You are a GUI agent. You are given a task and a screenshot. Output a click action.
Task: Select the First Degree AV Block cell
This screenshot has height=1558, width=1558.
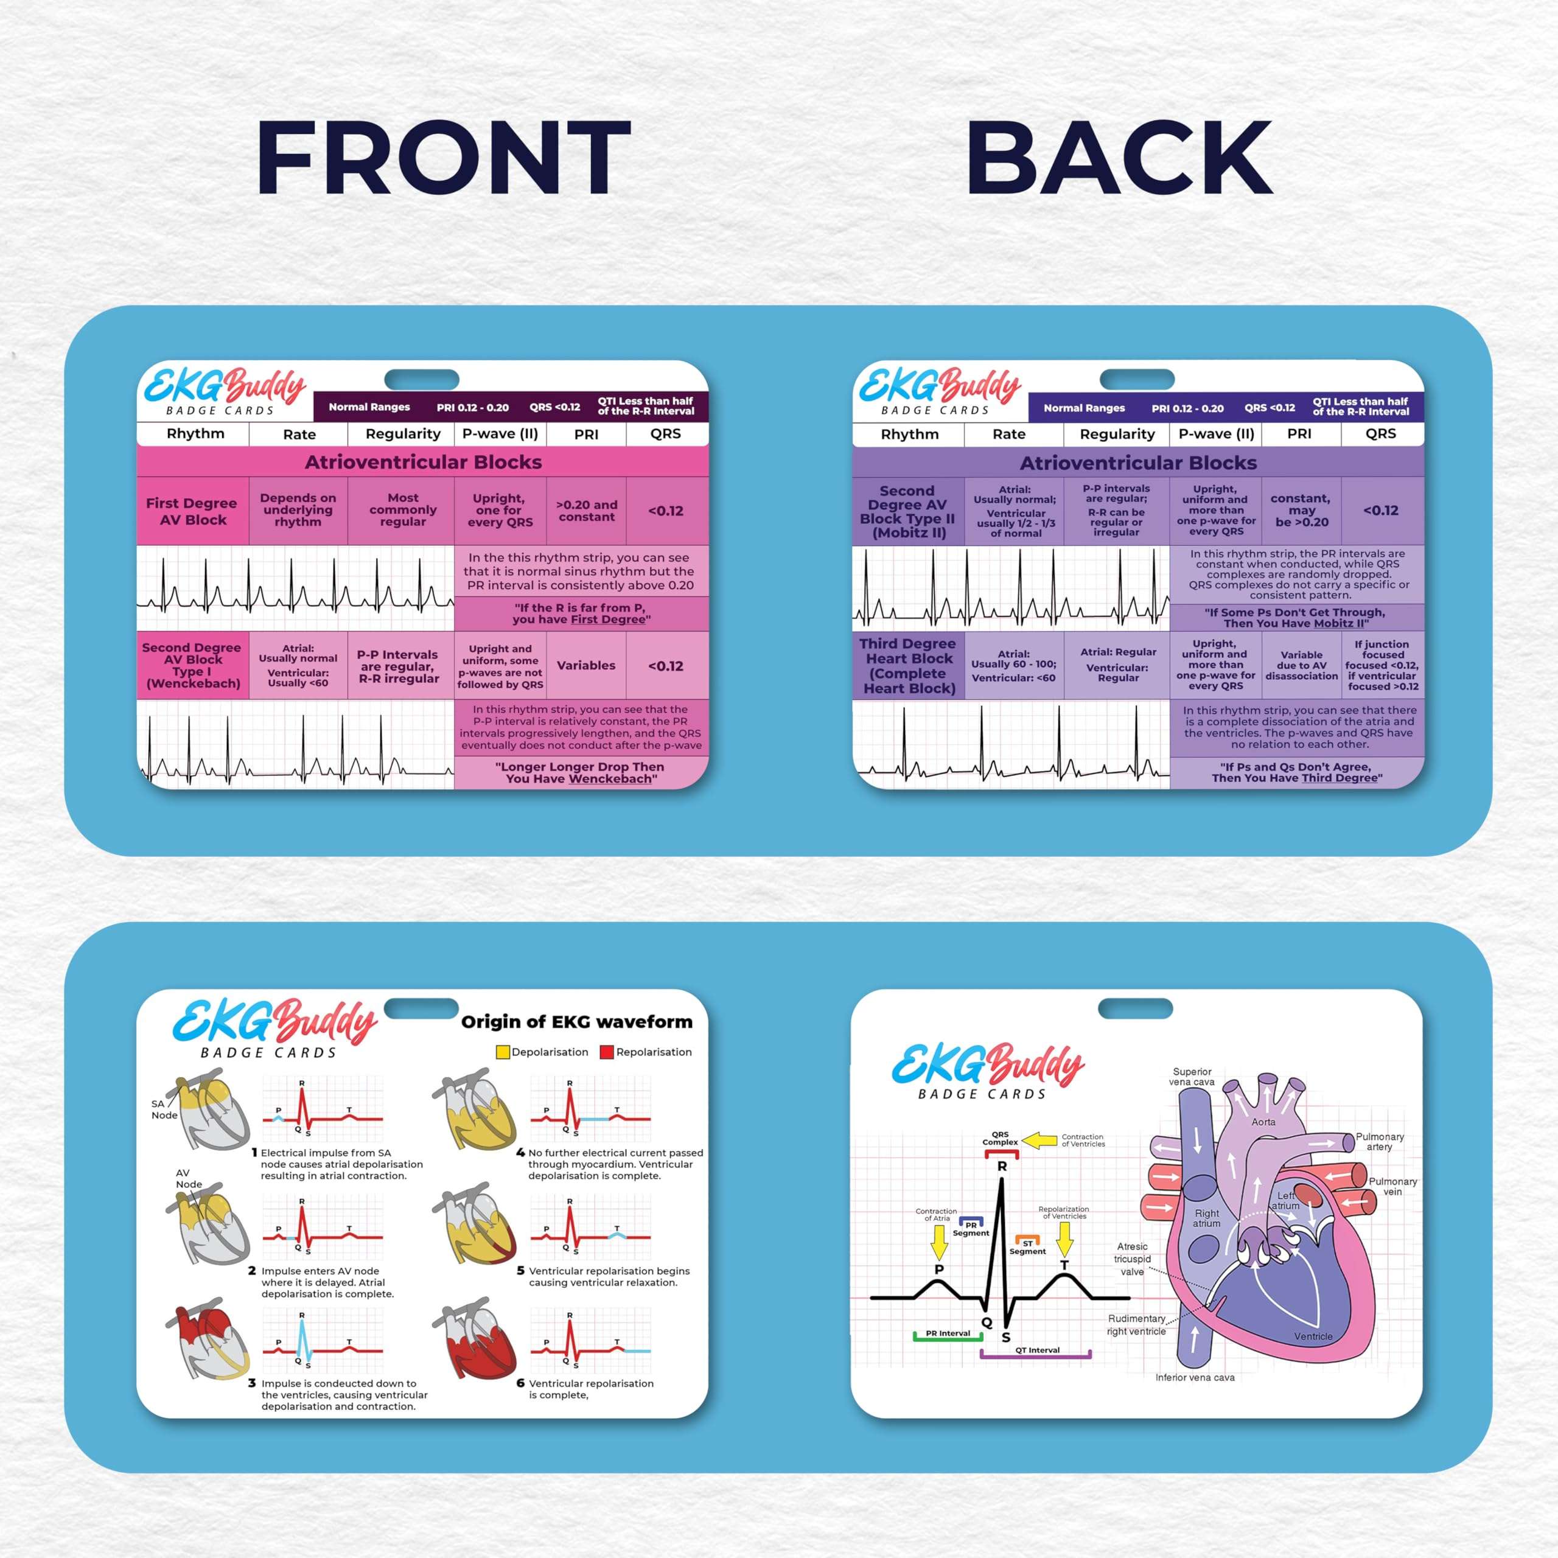click(x=192, y=511)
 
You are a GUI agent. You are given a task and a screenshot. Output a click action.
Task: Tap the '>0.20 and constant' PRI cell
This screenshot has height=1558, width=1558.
click(x=586, y=511)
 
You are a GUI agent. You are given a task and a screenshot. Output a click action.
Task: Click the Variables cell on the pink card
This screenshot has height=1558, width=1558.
click(x=585, y=665)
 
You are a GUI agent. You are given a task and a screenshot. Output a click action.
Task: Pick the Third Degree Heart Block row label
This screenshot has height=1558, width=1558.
click(x=909, y=666)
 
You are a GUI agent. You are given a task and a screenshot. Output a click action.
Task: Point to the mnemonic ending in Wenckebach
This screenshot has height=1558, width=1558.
click(x=580, y=772)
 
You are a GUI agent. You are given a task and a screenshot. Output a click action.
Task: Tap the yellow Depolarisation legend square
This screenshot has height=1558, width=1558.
click(x=503, y=1052)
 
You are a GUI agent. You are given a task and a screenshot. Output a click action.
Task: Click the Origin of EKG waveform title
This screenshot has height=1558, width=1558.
click(x=576, y=1022)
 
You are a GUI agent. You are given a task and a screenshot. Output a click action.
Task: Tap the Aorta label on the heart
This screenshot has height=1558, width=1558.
click(x=1263, y=1122)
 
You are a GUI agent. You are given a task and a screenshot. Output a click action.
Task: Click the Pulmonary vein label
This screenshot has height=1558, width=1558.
click(x=1392, y=1186)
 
